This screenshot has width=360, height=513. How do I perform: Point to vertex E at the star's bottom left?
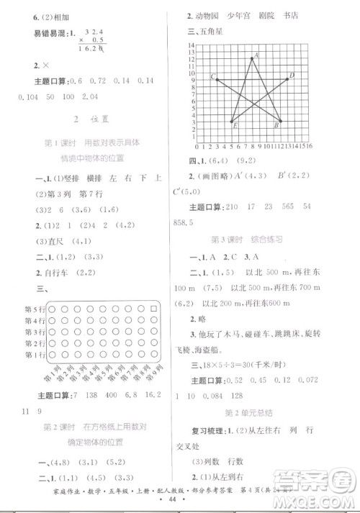click(x=232, y=122)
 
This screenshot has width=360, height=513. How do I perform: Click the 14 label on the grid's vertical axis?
click(x=192, y=45)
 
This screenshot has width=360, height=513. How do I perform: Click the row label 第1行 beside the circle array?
click(x=35, y=354)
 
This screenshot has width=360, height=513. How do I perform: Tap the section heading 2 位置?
click(x=90, y=117)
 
